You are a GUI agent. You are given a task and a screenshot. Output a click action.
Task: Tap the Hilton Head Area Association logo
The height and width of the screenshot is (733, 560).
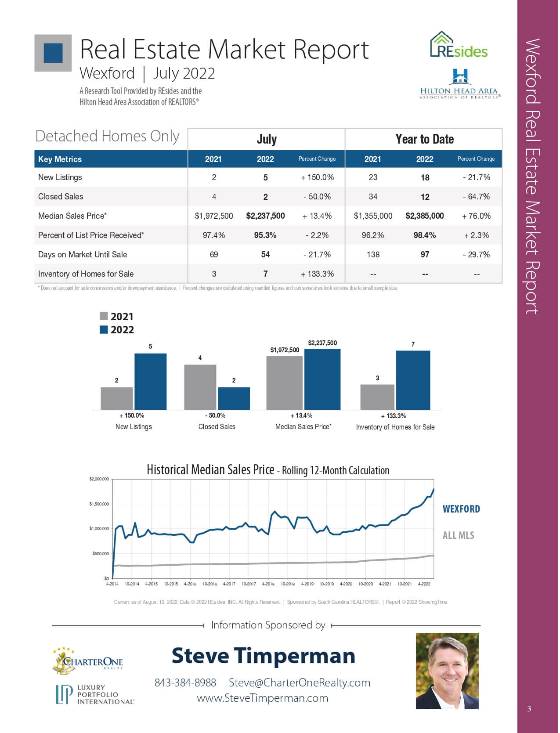point(460,84)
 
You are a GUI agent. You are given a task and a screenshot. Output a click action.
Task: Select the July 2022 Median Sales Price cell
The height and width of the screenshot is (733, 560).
point(265,216)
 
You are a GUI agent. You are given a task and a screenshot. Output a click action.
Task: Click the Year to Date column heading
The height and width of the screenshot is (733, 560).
point(424,139)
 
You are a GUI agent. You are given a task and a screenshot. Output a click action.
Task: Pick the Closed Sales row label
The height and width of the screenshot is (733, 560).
point(61,196)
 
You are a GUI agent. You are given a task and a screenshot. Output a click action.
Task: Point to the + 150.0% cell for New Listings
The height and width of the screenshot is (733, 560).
point(317,177)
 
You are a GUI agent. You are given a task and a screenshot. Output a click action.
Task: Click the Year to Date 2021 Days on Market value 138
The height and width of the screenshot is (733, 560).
point(373,254)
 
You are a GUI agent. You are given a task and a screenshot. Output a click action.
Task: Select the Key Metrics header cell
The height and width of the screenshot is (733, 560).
point(60,159)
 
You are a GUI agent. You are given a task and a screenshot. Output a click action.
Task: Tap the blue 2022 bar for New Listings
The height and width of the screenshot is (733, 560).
point(150,381)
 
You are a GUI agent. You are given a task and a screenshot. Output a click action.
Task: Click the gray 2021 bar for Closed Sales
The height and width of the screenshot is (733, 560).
point(200,387)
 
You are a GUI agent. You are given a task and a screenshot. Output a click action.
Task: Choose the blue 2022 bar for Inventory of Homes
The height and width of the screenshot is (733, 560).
point(413,380)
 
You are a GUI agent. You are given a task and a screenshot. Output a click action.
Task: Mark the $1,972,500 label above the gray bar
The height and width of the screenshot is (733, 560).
point(285,350)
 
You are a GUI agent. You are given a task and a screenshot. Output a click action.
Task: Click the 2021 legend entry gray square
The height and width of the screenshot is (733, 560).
point(104,316)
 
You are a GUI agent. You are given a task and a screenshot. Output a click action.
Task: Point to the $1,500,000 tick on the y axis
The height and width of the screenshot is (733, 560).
point(99,504)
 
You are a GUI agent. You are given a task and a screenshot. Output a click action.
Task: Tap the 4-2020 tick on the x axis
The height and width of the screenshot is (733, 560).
point(346,584)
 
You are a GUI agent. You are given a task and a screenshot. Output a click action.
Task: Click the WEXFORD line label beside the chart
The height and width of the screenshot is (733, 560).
point(461,509)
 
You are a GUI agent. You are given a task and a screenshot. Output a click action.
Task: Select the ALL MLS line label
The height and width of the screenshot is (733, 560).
point(458,535)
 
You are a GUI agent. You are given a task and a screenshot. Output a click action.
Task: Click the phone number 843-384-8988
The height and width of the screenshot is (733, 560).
point(185,682)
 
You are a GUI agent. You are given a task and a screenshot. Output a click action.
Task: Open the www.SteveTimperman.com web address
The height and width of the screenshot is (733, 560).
point(263,698)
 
